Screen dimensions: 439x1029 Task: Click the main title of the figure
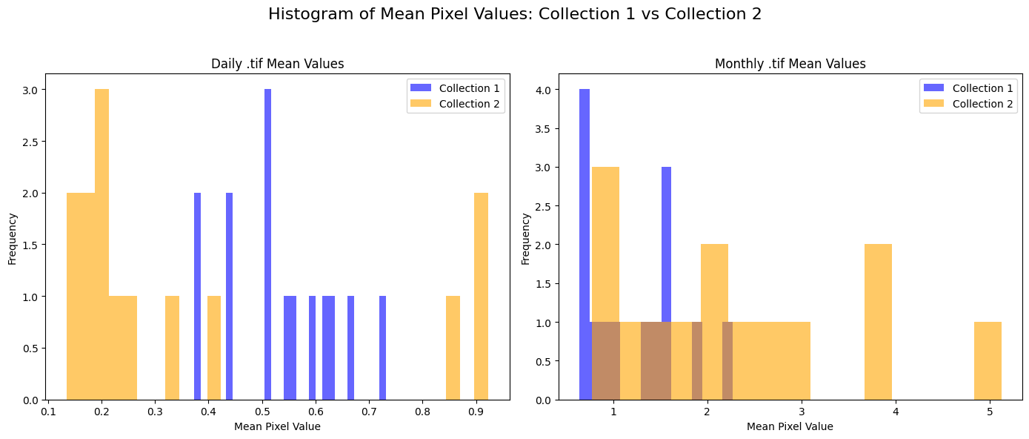tap(514, 14)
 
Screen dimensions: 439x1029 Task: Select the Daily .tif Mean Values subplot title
tap(277, 64)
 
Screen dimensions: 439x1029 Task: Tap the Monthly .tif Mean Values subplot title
tap(790, 64)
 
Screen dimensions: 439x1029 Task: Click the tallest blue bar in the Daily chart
tap(267, 245)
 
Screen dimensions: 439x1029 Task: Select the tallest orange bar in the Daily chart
tap(101, 245)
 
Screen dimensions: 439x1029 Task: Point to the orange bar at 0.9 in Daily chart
tap(481, 297)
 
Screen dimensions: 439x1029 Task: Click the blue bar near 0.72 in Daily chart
tap(382, 349)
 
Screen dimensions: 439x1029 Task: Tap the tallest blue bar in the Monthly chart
tap(585, 245)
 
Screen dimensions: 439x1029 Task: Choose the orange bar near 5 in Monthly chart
tap(988, 361)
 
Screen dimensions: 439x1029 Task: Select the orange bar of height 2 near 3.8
tap(878, 323)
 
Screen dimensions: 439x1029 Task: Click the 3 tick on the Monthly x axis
tap(802, 409)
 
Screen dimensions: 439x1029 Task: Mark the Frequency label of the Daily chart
tap(13, 239)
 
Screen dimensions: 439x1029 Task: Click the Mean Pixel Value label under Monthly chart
tap(790, 426)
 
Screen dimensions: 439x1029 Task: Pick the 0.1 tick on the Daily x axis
tap(48, 409)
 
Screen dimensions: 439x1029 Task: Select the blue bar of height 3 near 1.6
tap(666, 245)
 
